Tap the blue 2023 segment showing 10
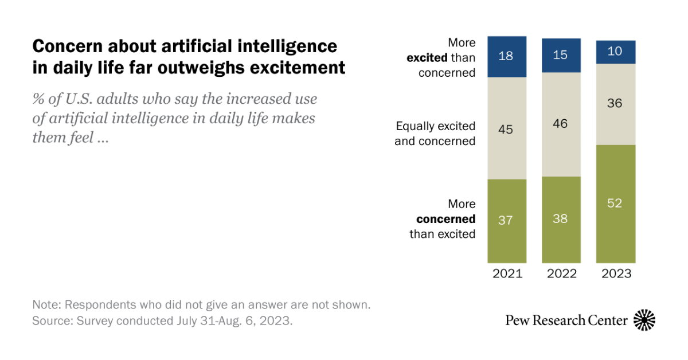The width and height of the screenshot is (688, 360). [x=616, y=52]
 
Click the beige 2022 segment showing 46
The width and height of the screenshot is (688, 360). [x=561, y=123]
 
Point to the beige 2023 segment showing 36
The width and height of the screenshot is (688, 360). [x=616, y=104]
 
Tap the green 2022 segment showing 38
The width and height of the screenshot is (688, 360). [x=561, y=219]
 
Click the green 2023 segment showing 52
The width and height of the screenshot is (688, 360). [x=616, y=204]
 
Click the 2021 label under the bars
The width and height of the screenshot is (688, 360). [x=507, y=273]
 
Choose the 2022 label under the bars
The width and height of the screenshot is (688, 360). [x=561, y=273]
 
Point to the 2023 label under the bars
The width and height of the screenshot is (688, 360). [x=616, y=273]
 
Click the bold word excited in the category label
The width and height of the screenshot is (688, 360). [x=427, y=58]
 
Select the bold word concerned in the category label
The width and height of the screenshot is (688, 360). [x=445, y=219]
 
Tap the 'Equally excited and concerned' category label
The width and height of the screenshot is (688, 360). [x=435, y=134]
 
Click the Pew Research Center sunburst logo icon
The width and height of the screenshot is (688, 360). [x=644, y=320]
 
